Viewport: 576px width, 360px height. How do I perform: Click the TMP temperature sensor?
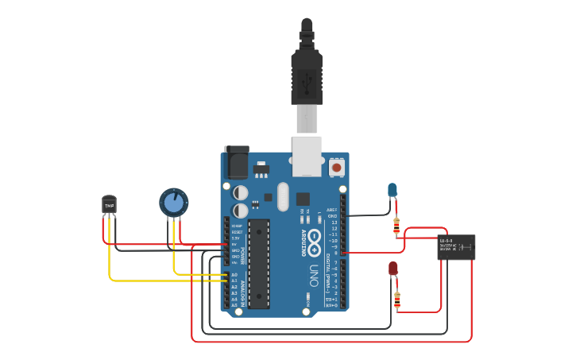[109, 204]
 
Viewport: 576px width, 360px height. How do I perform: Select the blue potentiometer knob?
[172, 202]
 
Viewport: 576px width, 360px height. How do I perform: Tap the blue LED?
[392, 190]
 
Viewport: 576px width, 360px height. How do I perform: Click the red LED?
[392, 269]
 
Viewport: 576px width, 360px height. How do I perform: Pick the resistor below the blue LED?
[396, 226]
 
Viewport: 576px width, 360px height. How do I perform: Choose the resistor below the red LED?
[397, 300]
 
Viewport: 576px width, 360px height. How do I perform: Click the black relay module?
[456, 247]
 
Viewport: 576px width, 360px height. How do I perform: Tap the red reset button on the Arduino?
[337, 168]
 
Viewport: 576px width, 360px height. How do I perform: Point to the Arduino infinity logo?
[314, 238]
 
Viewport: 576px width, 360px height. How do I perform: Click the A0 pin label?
[234, 274]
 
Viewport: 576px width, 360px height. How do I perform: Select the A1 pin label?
[234, 281]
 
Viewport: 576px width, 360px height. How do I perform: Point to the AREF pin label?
[333, 210]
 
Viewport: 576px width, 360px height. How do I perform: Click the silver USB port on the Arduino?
[307, 155]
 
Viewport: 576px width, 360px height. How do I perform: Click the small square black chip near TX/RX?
[303, 199]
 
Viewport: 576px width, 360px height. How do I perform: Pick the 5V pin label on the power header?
[235, 245]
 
